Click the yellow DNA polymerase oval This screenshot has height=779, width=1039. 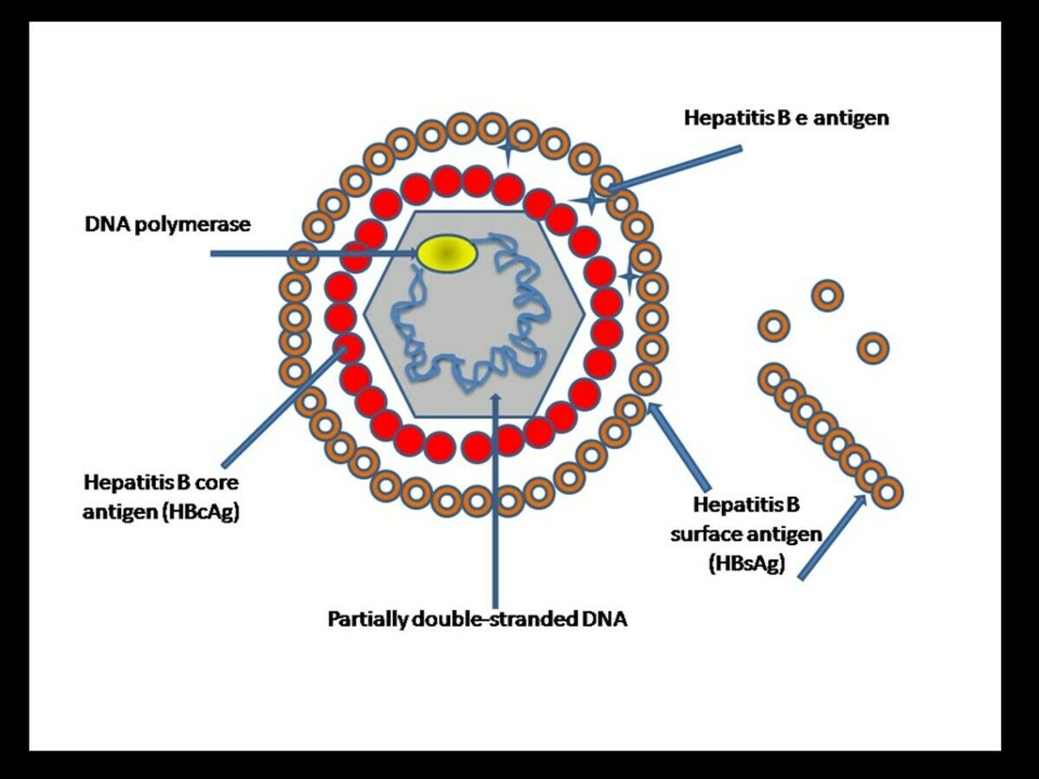tap(446, 252)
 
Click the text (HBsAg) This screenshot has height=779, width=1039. tap(745, 563)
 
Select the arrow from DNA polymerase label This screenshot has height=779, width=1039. tap(312, 254)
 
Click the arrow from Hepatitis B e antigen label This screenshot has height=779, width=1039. tap(675, 168)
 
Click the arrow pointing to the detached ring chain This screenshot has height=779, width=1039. tap(831, 537)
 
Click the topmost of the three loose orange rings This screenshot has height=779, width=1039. tap(827, 295)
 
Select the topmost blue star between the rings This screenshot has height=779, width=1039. tap(507, 154)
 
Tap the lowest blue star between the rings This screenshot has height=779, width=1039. tap(630, 277)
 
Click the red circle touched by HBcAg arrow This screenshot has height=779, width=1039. tap(349, 348)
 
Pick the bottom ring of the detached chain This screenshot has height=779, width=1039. tap(887, 493)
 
